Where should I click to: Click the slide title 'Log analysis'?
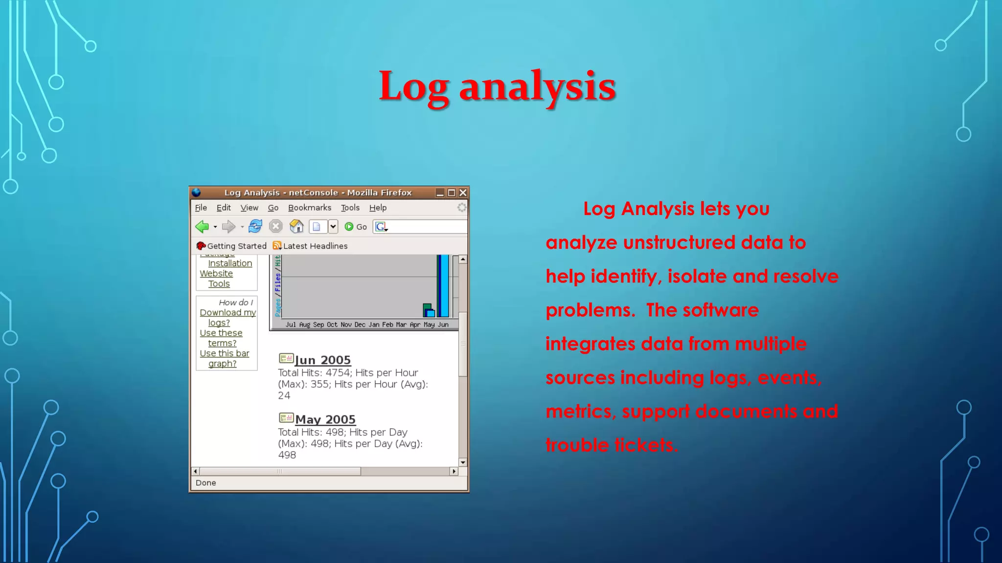tap(497, 87)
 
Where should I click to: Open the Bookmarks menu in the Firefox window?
tap(309, 208)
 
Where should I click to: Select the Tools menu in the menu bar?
tap(350, 208)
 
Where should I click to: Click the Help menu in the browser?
tap(378, 208)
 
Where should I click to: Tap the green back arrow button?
tap(202, 227)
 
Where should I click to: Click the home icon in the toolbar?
tap(296, 227)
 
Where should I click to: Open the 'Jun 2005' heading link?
tap(322, 360)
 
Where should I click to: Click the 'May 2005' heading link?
tap(325, 420)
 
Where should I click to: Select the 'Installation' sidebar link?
tap(230, 263)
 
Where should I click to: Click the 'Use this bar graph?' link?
tap(224, 358)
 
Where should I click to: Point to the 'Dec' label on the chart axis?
tap(360, 325)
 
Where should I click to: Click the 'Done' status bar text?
tap(205, 483)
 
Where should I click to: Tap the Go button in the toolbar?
tap(356, 227)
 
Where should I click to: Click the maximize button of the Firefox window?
tap(452, 193)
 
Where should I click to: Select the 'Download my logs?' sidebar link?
tap(228, 318)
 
